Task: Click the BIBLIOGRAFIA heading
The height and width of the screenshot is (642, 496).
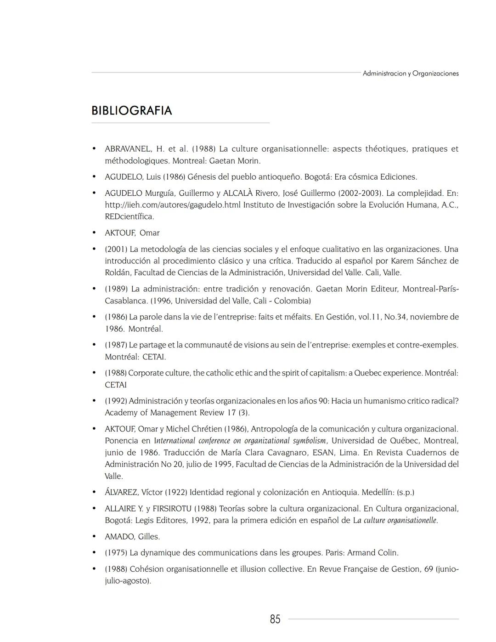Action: [131, 111]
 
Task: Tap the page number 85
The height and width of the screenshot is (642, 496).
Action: [275, 619]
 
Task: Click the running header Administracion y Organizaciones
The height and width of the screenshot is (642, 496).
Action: [410, 74]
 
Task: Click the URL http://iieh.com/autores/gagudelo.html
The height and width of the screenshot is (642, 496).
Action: [173, 205]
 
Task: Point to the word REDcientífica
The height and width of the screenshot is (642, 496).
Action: [130, 216]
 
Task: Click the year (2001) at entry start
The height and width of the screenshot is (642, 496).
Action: [116, 249]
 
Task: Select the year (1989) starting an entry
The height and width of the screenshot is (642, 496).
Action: [116, 289]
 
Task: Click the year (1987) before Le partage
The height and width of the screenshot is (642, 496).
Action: [116, 345]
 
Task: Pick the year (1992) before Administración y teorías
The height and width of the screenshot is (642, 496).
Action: [116, 401]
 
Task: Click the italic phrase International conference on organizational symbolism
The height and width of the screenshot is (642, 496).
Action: [240, 441]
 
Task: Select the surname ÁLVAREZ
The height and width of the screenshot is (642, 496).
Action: [121, 493]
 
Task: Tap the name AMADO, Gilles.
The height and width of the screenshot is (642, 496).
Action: [132, 537]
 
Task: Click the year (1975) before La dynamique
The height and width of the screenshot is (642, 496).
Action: [116, 553]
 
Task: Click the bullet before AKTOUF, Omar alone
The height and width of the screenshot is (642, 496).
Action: [94, 233]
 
